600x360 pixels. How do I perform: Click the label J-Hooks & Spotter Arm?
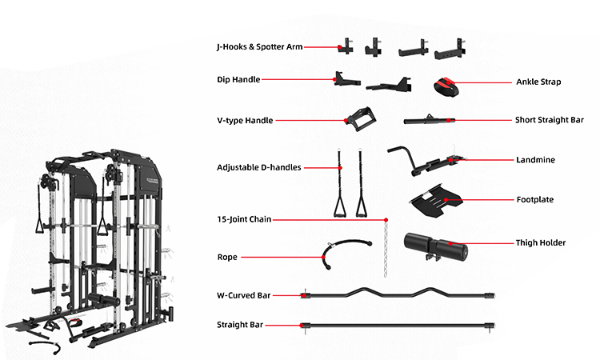259,47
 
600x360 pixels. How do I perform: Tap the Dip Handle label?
238,79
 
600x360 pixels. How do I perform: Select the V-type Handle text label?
245,121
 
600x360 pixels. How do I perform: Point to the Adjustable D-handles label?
258,168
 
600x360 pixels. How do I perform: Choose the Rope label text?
227,258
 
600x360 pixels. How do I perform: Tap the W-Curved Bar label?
243,295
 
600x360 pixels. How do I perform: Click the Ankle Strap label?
538,82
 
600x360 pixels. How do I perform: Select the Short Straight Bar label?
547,121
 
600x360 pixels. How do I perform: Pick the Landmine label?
535,160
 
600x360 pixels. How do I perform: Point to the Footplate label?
535,199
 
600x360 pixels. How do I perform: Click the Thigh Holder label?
540,242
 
